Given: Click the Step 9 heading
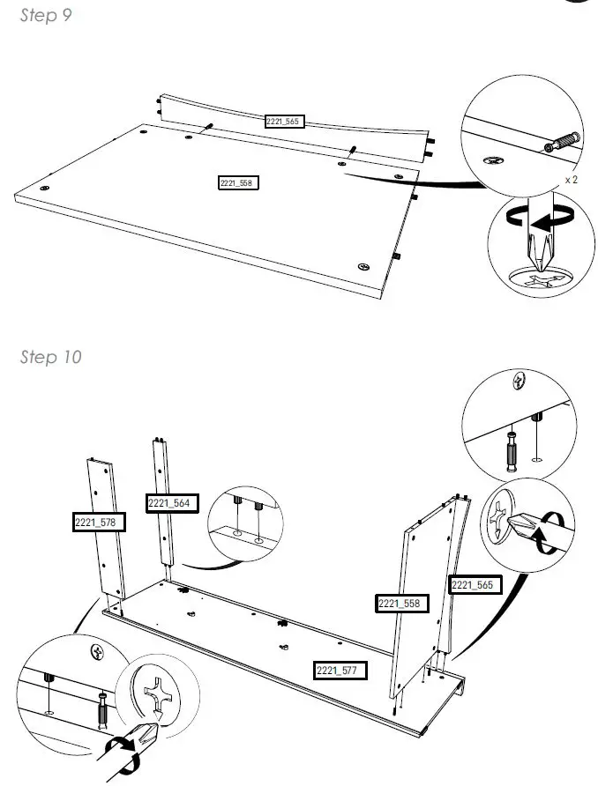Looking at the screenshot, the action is [46, 16].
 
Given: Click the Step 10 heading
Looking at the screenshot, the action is [50, 357].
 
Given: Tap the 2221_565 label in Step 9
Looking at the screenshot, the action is [284, 122].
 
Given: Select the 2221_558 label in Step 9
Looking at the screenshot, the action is [238, 183].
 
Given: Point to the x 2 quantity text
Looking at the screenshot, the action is [571, 180].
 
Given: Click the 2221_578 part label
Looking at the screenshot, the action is [98, 523].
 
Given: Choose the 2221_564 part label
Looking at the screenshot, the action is [172, 503].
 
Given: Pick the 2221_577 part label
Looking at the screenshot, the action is [340, 671].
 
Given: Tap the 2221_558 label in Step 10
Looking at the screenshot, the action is [402, 603].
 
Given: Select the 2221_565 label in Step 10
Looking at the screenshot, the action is [475, 584].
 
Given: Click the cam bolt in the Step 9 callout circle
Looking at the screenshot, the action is [562, 142].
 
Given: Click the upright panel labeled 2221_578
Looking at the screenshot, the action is [107, 529].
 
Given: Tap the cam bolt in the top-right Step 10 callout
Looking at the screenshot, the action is [512, 451].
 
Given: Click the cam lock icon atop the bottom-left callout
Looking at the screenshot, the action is [97, 652].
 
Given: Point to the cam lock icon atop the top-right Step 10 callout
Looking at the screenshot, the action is [520, 381].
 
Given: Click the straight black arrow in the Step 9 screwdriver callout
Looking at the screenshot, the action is [544, 223].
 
